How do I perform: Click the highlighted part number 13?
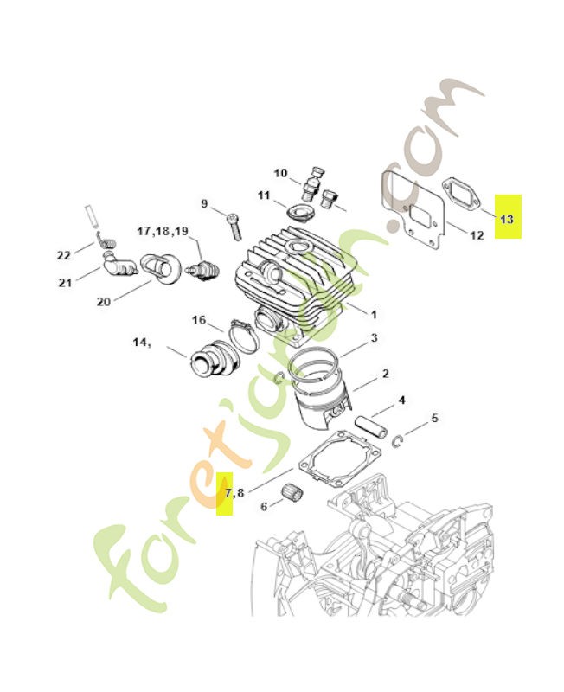pos(506,219)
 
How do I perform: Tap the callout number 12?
pos(477,234)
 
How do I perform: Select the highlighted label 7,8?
pos(234,493)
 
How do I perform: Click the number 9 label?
pos(205,204)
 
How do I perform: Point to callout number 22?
pos(63,254)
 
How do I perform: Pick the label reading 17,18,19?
pos(162,231)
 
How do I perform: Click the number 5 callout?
pos(434,418)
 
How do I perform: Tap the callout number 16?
pos(199,320)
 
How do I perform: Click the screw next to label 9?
pos(234,227)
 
